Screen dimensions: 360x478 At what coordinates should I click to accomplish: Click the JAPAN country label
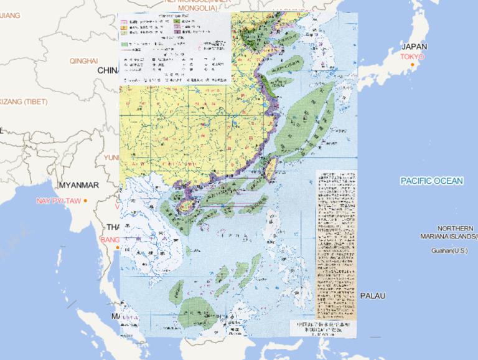point(414,47)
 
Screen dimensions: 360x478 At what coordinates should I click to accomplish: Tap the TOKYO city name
point(412,57)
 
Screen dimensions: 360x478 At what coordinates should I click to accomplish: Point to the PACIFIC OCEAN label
point(431,181)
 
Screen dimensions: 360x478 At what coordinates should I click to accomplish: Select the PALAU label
point(373,296)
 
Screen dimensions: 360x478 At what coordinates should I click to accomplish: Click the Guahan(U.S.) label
point(449,250)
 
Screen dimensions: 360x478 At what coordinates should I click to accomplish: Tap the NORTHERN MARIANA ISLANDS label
point(457,232)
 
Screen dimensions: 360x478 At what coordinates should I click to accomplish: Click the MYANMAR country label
point(79,185)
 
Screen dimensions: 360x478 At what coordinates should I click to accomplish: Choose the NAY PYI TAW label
point(59,201)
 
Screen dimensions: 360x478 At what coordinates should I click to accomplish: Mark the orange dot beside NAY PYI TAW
point(86,201)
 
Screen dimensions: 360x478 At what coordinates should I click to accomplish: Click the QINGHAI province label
point(83,60)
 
